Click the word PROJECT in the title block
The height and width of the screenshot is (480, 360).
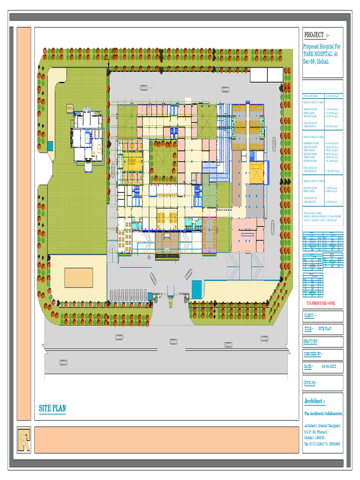314,35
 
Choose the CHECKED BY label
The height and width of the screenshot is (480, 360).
313,354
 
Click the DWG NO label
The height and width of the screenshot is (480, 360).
311,383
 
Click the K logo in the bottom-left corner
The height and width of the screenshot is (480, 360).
24,440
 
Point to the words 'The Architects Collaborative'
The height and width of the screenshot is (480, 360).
323,414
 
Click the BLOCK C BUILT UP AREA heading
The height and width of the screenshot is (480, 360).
313,180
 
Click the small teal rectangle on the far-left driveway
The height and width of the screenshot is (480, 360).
50,146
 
